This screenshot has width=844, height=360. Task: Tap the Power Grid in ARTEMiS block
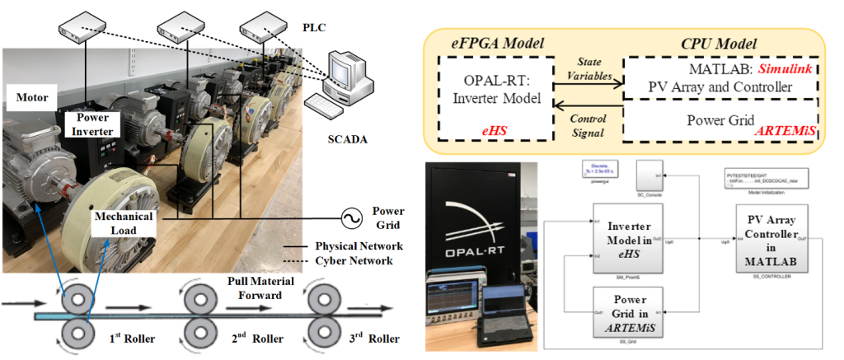pyautogui.click(x=634, y=311)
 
